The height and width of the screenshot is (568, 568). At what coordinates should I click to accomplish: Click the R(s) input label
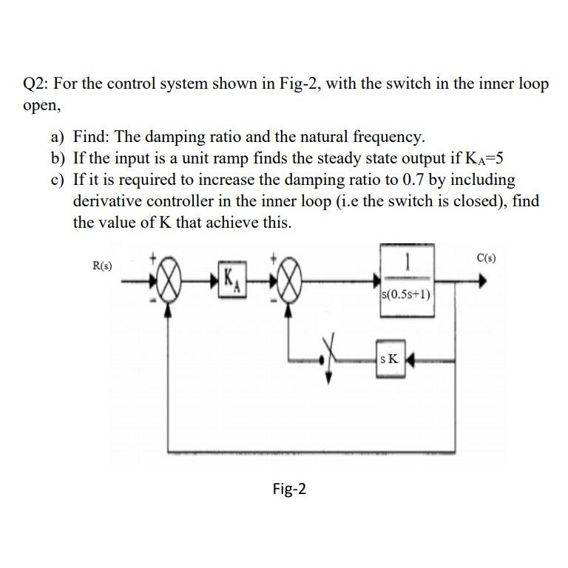(x=101, y=264)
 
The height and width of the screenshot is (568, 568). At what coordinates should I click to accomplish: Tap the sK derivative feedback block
(x=389, y=359)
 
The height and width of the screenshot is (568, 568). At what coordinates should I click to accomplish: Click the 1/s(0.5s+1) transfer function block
(x=408, y=280)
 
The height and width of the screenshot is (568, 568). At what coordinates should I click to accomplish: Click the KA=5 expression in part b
(x=491, y=158)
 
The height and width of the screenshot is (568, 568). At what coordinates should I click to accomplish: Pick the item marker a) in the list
(x=58, y=137)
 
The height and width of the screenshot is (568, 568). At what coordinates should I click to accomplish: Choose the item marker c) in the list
(x=58, y=180)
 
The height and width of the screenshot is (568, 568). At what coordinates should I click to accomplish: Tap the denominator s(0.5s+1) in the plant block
(x=408, y=297)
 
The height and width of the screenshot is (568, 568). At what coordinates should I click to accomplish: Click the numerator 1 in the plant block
(x=408, y=262)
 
